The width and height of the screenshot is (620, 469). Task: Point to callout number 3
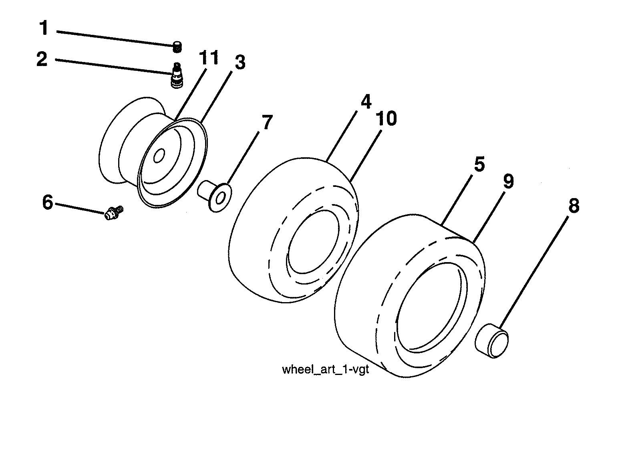(240, 62)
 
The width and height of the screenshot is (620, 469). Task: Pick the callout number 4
(366, 102)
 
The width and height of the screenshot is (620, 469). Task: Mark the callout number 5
(479, 164)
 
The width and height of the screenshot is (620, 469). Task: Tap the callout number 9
(507, 181)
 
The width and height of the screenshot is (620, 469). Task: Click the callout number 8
(574, 206)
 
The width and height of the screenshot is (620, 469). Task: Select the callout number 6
(47, 202)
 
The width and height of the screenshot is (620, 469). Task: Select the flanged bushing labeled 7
(215, 194)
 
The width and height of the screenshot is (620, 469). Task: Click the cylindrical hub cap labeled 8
(491, 341)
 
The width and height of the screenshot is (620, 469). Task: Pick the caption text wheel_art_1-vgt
(325, 369)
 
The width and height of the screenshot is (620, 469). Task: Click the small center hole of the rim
(159, 155)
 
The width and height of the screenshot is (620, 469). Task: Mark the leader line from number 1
(116, 39)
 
